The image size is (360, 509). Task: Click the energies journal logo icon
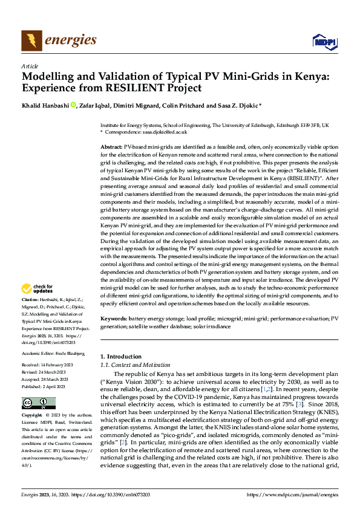(x=31, y=41)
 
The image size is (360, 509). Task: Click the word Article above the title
(x=30, y=66)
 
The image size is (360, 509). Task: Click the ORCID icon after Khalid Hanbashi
(x=74, y=105)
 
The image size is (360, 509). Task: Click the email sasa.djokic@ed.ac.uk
(x=165, y=131)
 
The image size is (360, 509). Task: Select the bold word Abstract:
(x=111, y=147)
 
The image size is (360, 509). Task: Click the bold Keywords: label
(x=114, y=318)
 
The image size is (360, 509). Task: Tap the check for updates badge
(x=38, y=289)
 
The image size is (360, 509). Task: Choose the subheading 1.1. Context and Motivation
(x=135, y=366)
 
